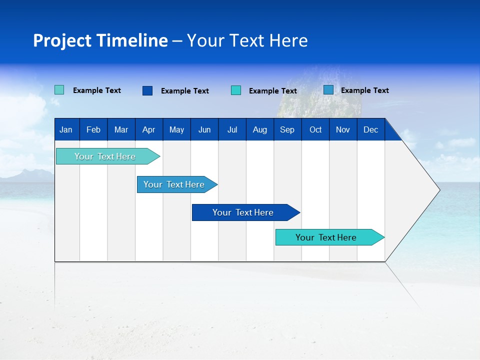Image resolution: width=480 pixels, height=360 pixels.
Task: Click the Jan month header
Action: [66, 129]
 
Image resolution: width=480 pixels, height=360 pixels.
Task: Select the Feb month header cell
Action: [93, 129]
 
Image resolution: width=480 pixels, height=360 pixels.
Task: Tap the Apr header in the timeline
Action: [148, 129]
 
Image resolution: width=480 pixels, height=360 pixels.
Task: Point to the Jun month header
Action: [204, 129]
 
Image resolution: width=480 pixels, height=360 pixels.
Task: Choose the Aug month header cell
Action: [259, 129]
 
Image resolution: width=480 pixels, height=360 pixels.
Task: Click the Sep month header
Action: [287, 129]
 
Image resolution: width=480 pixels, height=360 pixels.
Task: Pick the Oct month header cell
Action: [315, 129]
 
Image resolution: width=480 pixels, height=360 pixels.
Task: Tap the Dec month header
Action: [370, 129]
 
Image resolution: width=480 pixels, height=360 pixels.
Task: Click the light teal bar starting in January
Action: [105, 156]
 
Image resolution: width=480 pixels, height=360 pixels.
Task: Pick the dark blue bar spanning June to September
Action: [243, 212]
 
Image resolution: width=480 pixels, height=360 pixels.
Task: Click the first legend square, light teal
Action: [59, 90]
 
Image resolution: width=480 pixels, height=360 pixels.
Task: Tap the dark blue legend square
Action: [147, 90]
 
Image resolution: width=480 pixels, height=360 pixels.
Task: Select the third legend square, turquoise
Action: [236, 90]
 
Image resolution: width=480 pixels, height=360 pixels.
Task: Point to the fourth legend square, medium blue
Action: [328, 90]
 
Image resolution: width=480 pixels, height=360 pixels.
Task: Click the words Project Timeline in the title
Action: [100, 40]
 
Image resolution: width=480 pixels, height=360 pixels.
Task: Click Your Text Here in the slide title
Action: [247, 40]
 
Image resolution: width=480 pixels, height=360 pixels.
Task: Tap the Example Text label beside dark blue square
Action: [184, 91]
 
